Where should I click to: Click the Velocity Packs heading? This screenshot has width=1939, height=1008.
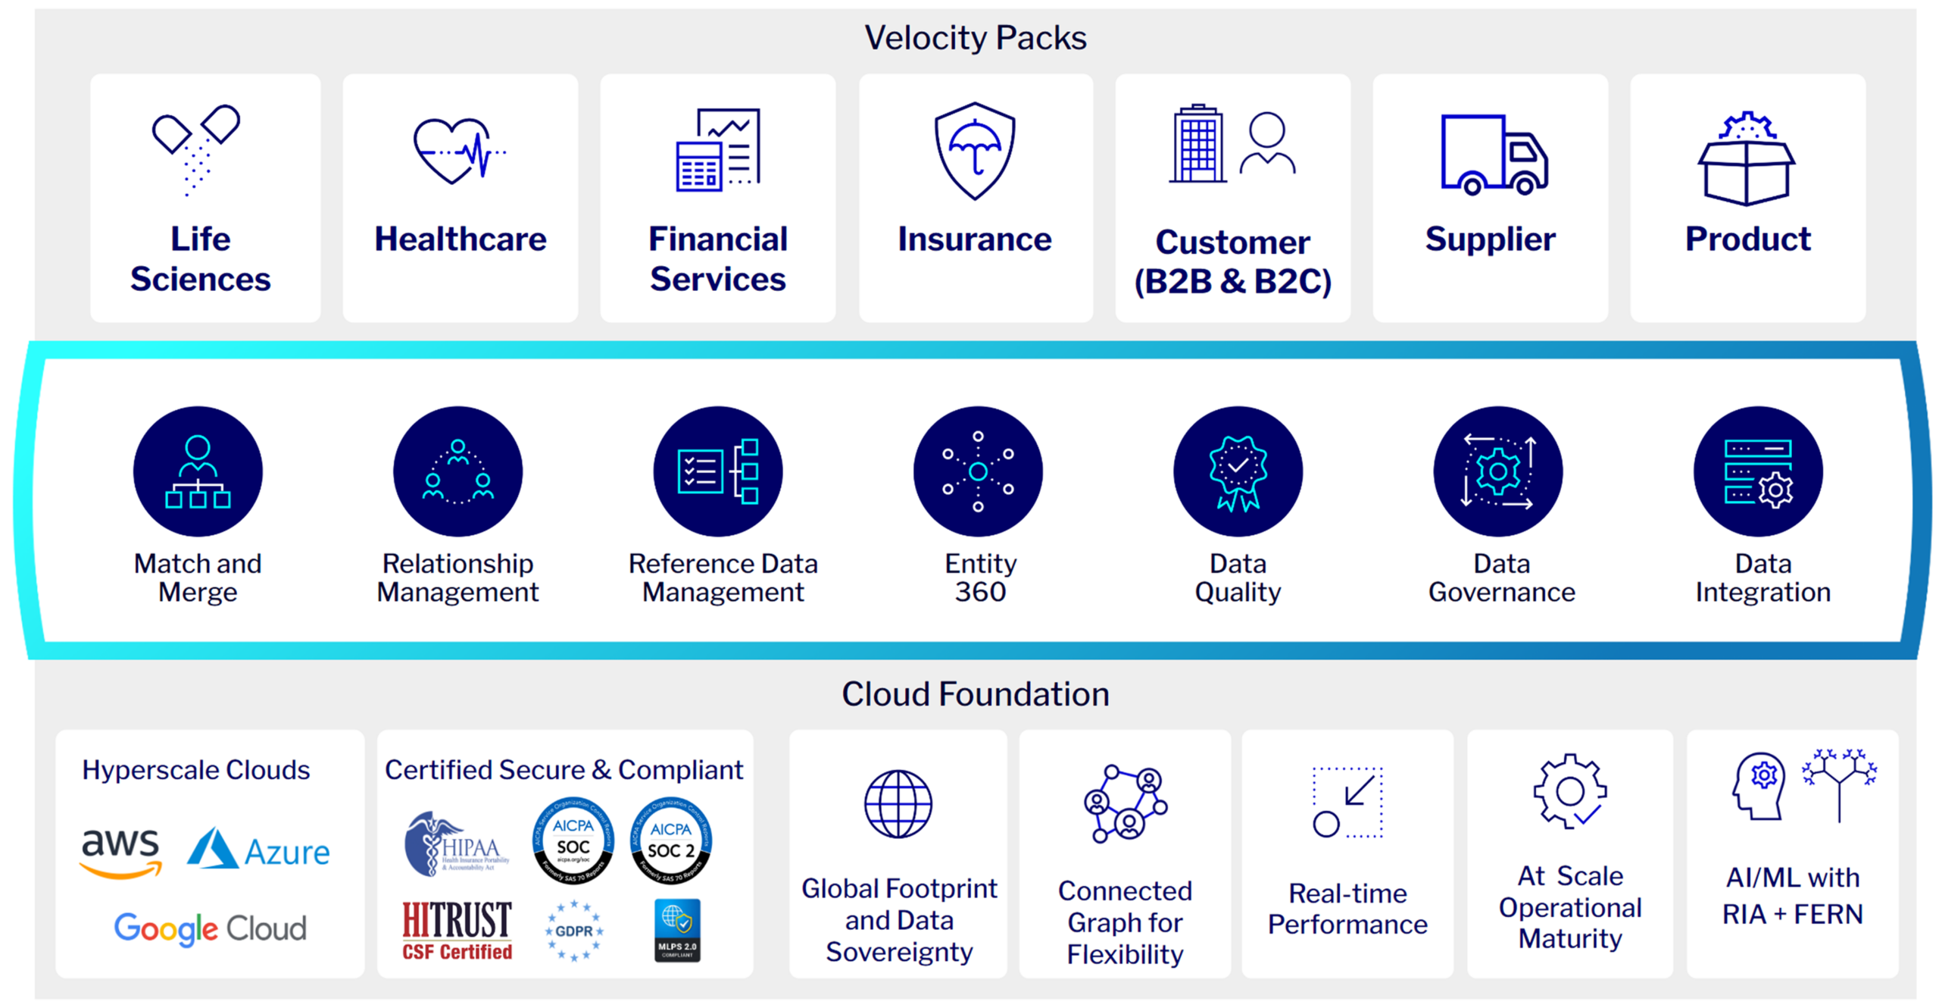coord(975,38)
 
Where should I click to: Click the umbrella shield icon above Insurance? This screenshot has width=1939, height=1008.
coord(975,151)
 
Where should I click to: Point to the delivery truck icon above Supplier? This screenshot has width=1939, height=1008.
coord(1493,155)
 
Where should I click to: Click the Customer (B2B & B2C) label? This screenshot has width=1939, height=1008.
coord(1232,261)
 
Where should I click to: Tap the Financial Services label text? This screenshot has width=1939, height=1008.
coord(717,258)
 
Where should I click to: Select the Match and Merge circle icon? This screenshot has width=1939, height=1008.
coord(198,471)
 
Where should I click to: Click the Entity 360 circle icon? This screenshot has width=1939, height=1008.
coord(978,471)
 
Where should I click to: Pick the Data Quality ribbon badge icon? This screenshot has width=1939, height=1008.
coord(1238,471)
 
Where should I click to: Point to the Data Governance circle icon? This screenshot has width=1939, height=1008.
coord(1497,471)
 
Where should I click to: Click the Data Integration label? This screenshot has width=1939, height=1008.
coord(1763,578)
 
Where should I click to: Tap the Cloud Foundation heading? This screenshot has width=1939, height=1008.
coord(975,693)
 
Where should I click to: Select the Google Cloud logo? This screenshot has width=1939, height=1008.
coord(210,928)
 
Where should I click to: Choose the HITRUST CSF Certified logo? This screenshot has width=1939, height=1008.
coord(457,930)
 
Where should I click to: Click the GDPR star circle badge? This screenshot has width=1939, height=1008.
coord(573,930)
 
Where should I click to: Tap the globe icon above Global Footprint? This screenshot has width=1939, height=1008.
coord(898,803)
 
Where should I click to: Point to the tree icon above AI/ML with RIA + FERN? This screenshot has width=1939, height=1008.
coord(1838,784)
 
